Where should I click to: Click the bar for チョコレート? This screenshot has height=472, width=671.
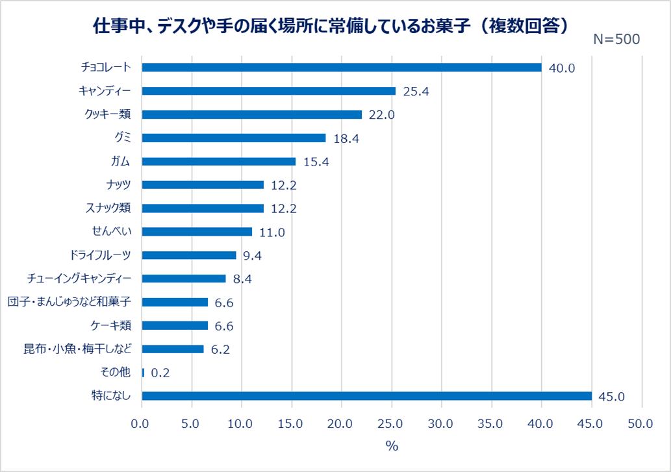[342, 68]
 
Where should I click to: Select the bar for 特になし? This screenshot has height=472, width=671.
[367, 396]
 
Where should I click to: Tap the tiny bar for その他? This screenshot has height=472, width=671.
[144, 373]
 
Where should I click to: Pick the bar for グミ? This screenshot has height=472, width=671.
[234, 138]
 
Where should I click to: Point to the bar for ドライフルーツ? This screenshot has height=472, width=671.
[189, 255]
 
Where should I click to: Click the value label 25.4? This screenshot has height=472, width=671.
[416, 92]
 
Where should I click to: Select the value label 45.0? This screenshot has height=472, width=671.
[612, 397]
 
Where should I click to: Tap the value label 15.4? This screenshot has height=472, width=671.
[316, 162]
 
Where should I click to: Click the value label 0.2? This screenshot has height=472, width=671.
[160, 373]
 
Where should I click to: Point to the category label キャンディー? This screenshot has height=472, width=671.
[105, 91]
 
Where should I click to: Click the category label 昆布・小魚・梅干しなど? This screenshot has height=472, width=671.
[77, 349]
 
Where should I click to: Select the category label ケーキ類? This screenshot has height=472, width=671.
[112, 325]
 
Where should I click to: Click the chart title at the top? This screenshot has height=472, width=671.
[332, 25]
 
